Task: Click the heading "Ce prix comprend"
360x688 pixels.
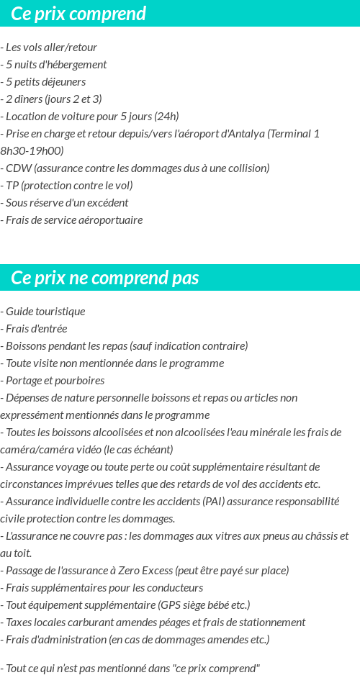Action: click(x=78, y=14)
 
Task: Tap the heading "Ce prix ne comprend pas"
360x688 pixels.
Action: click(x=105, y=278)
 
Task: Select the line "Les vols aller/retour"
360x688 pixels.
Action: click(x=51, y=47)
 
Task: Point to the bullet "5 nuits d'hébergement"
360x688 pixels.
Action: click(x=56, y=65)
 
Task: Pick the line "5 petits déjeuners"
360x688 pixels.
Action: click(x=45, y=82)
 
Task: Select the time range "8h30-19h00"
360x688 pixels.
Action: click(x=32, y=151)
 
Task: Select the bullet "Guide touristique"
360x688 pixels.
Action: click(x=45, y=312)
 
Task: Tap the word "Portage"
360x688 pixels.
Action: click(x=24, y=381)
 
